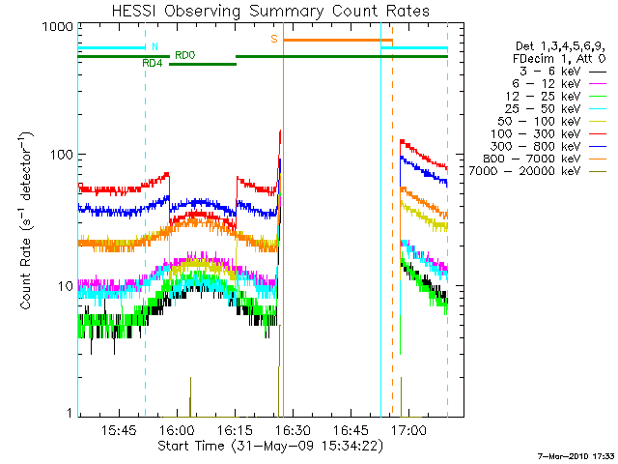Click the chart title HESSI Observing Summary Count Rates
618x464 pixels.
(x=271, y=11)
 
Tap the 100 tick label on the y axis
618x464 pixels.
(x=51, y=156)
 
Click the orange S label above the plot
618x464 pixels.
(x=274, y=39)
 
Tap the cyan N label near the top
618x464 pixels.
(x=154, y=45)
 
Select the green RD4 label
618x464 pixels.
(x=152, y=63)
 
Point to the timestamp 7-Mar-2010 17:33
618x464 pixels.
(x=576, y=454)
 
